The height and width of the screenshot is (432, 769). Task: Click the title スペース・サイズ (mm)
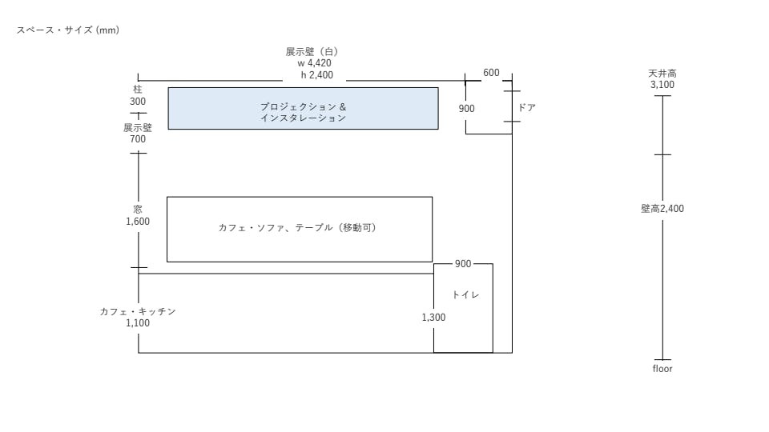click(67, 30)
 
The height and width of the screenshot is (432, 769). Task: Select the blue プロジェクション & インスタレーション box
click(303, 109)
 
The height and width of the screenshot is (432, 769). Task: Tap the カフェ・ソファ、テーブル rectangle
click(299, 229)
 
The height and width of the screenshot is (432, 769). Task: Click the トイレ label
click(465, 295)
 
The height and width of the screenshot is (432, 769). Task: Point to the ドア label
click(526, 107)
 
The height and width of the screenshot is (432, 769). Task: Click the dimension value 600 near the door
click(491, 73)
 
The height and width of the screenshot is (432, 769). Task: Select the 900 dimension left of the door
click(467, 108)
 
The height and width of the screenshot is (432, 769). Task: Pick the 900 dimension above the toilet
click(463, 264)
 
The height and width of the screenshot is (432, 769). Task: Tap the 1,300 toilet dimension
click(433, 318)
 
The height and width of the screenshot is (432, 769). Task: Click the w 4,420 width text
click(314, 63)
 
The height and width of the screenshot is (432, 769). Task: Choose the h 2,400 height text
click(316, 75)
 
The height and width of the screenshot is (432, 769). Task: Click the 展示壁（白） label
click(313, 52)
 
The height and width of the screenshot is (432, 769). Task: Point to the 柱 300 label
click(138, 96)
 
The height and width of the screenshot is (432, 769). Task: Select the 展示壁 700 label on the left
click(138, 134)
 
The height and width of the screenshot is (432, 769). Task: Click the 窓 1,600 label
click(138, 216)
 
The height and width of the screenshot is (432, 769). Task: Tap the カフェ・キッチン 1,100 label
click(138, 318)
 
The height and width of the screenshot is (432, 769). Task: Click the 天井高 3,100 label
click(662, 79)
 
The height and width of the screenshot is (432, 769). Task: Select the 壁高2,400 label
click(662, 209)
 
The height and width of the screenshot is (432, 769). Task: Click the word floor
click(662, 369)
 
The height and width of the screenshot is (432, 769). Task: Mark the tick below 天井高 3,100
click(662, 96)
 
